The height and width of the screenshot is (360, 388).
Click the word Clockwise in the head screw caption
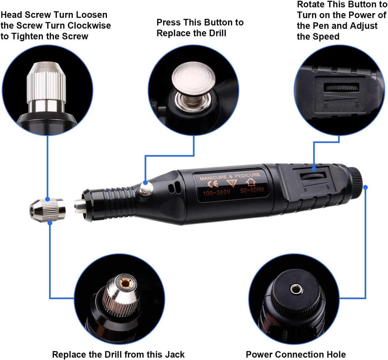(89, 26)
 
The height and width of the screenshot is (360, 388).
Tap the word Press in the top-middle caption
(168, 22)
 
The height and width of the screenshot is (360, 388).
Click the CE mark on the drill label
(213, 184)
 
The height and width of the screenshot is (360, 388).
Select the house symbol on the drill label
(251, 182)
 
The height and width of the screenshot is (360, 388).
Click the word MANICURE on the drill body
(213, 178)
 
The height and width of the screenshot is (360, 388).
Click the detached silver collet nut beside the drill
(47, 211)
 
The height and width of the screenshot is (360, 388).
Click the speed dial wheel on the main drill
(313, 176)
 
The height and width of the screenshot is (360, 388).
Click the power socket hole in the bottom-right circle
(296, 289)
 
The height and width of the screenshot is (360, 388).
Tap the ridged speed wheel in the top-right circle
(341, 88)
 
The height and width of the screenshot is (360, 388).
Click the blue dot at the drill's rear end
(366, 187)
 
